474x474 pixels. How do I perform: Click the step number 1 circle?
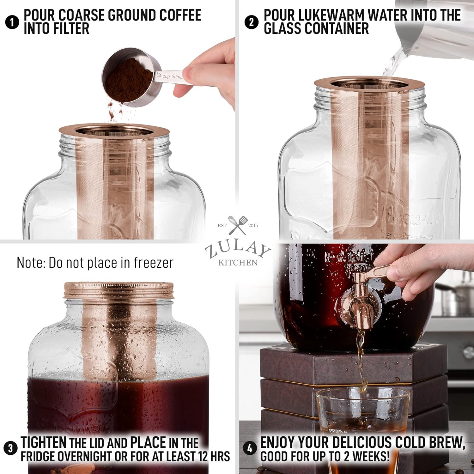[x=12, y=22]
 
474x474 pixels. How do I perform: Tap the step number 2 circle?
[x=251, y=22]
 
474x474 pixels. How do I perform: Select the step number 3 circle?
[x=10, y=448]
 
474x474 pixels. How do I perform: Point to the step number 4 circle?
[x=250, y=448]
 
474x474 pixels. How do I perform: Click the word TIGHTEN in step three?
[x=44, y=442]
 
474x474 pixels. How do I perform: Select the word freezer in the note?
[x=153, y=263]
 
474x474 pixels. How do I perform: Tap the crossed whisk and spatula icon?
[x=238, y=225]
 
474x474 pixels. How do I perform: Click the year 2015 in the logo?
[x=253, y=226]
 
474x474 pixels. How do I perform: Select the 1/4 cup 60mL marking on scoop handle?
[x=169, y=76]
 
